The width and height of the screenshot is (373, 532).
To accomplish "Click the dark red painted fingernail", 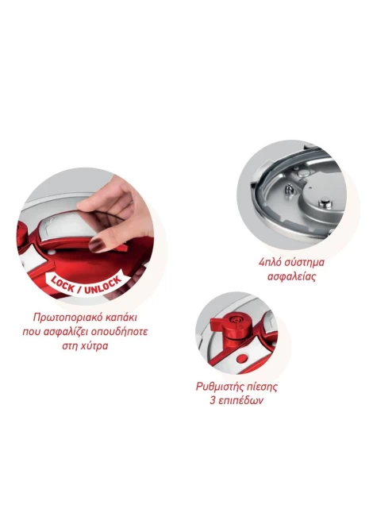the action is tap(97, 245).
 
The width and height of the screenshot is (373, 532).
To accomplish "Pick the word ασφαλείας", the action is tap(291, 276).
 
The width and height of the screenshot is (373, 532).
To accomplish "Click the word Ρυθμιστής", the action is tap(220, 387).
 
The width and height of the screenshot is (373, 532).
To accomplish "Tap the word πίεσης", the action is tap(262, 387).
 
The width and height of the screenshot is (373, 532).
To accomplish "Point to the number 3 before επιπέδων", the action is tap(212, 400).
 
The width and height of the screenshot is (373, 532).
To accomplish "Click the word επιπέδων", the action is tap(240, 400).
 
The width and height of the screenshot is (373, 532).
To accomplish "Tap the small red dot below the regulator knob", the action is tap(243, 358).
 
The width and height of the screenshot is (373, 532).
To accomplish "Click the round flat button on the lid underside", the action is tap(325, 202).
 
